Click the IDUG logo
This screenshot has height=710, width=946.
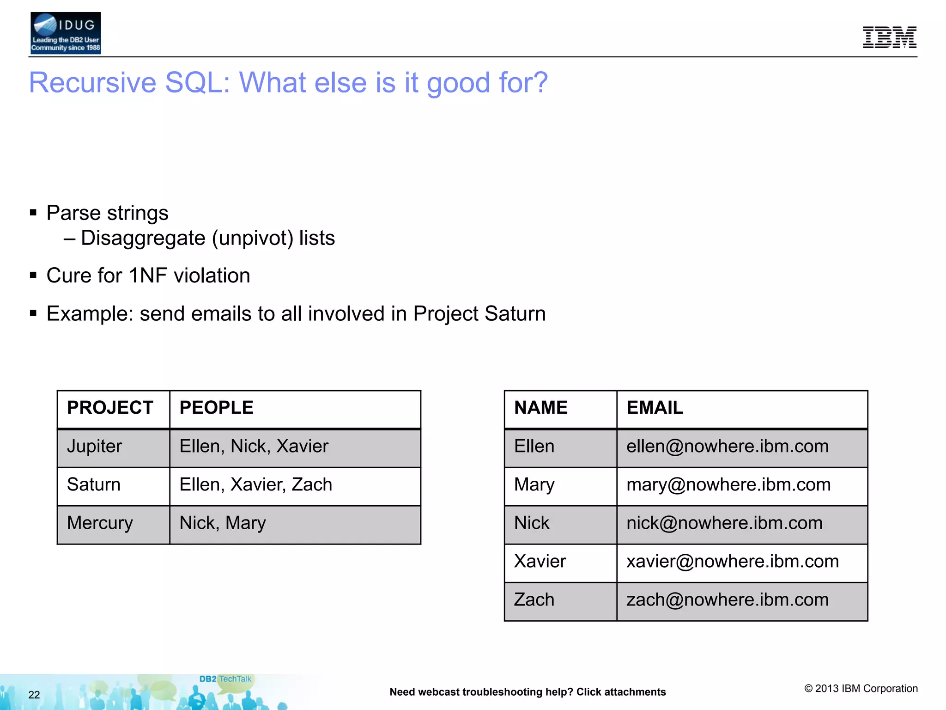pos(65,33)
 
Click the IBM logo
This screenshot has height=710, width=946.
pos(889,37)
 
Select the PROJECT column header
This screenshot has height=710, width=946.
pos(110,408)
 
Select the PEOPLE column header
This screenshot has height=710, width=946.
pos(216,408)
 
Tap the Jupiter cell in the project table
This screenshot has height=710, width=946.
pos(95,447)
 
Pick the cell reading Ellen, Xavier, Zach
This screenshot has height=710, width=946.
pos(255,485)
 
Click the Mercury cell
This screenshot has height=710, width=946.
pos(100,523)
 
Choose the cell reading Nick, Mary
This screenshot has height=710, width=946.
pos(222,523)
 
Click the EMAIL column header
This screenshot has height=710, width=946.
pos(655,408)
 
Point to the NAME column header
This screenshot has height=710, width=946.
pos(541,408)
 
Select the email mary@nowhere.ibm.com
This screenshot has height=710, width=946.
pos(728,485)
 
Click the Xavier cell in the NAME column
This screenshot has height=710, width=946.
pos(540,562)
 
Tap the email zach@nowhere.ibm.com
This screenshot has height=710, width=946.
pos(727,600)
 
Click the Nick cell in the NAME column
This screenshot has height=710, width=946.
pos(532,523)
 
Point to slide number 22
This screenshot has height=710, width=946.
pos(34,695)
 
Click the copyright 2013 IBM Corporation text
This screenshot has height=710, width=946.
pos(861,688)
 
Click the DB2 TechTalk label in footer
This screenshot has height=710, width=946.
pos(225,679)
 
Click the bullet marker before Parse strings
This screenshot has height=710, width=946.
pos(33,213)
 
